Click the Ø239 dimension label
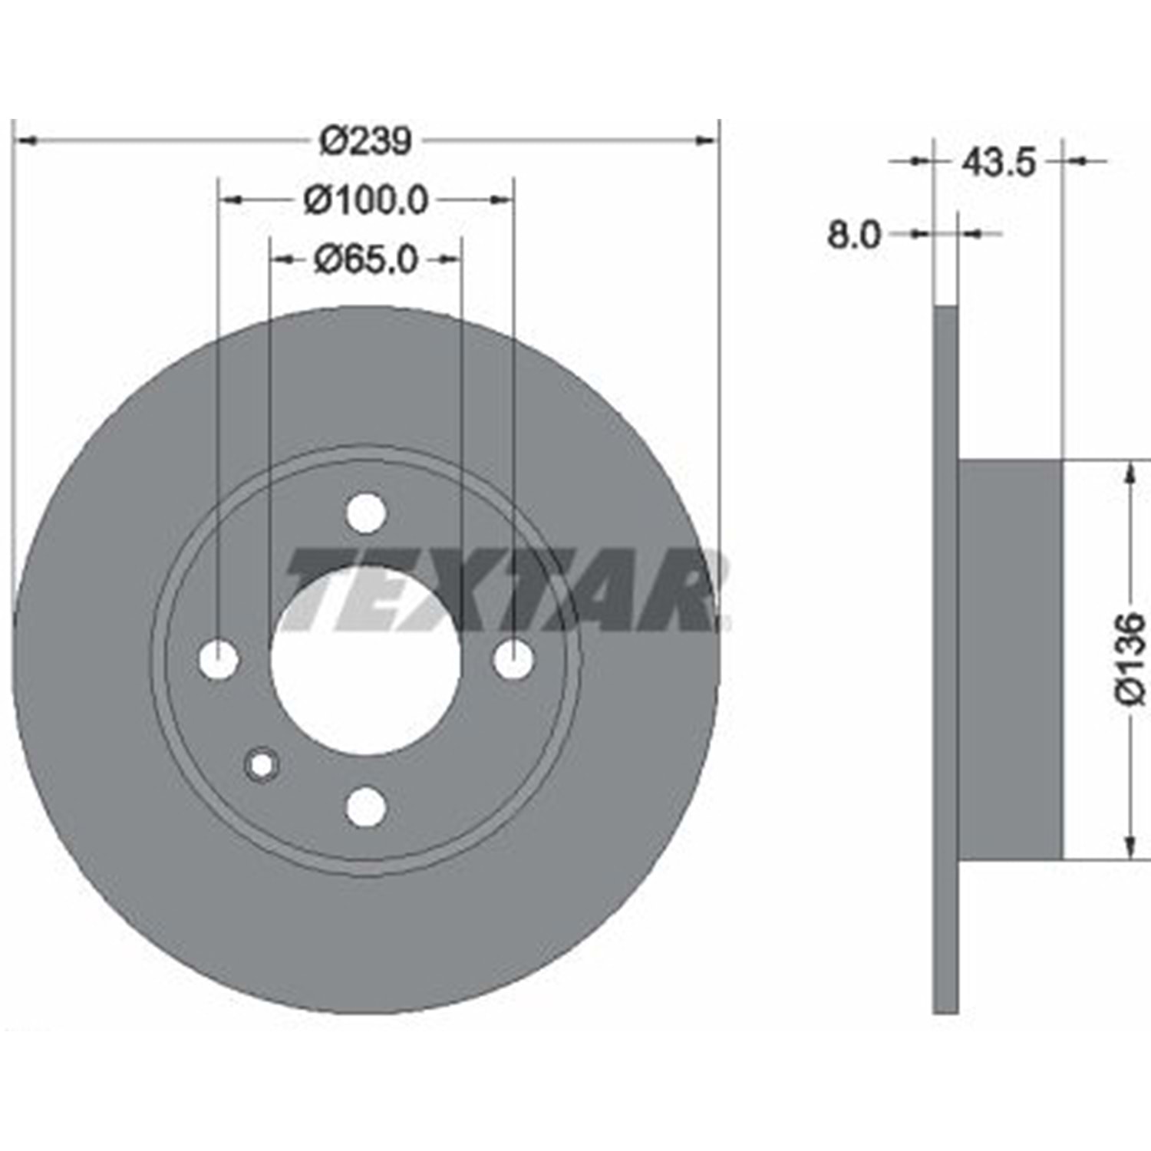point(366,140)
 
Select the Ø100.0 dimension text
point(365,201)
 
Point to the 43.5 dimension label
point(998,162)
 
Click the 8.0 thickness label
point(854,235)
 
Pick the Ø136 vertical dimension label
point(1130,657)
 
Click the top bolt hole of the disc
point(365,513)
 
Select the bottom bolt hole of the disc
point(365,806)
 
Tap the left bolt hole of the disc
point(219,659)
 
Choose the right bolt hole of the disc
point(513,659)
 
